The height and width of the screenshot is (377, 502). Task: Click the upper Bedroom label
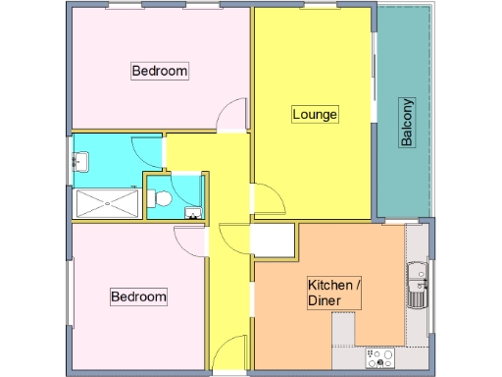coord(159,71)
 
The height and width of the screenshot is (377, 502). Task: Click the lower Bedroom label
coord(137,296)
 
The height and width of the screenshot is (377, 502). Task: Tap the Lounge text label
coord(315,115)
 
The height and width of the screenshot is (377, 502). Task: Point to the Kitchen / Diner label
coord(335,293)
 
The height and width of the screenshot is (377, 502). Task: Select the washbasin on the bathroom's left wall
coord(82,160)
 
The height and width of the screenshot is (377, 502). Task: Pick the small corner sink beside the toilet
coord(193,211)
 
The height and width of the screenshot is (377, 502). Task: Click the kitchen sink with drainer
coord(417,283)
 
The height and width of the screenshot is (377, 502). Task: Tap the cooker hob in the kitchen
coord(379,358)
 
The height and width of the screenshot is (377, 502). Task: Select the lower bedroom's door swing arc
coord(188,241)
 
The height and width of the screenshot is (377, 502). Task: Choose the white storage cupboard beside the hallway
coord(274,241)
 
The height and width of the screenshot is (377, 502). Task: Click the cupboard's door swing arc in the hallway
coord(235,240)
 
